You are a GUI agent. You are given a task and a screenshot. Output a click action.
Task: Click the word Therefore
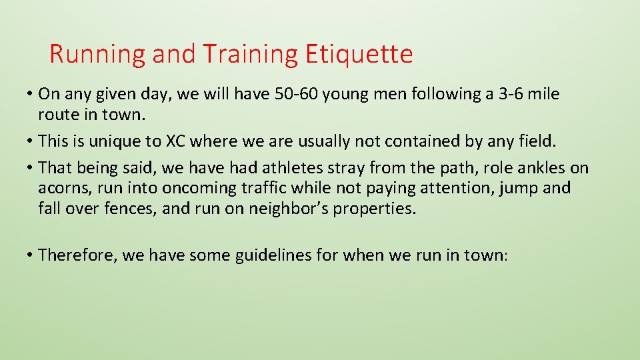click(77, 255)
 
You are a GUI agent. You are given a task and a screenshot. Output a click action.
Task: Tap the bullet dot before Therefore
click(31, 255)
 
